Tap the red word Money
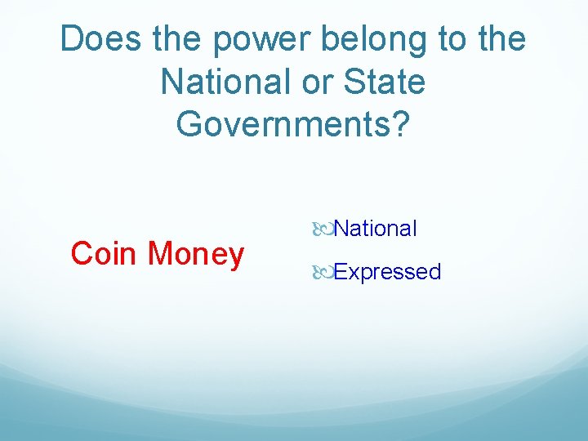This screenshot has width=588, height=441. pyautogui.click(x=196, y=254)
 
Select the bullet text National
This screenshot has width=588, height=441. pyautogui.click(x=375, y=229)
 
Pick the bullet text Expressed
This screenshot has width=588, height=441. pyautogui.click(x=387, y=272)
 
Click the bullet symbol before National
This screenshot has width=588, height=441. pyautogui.click(x=324, y=229)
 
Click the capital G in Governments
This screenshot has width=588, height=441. pyautogui.click(x=189, y=124)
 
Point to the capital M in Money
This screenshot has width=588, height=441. pyautogui.click(x=161, y=254)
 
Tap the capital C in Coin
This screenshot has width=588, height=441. pyautogui.click(x=82, y=254)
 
